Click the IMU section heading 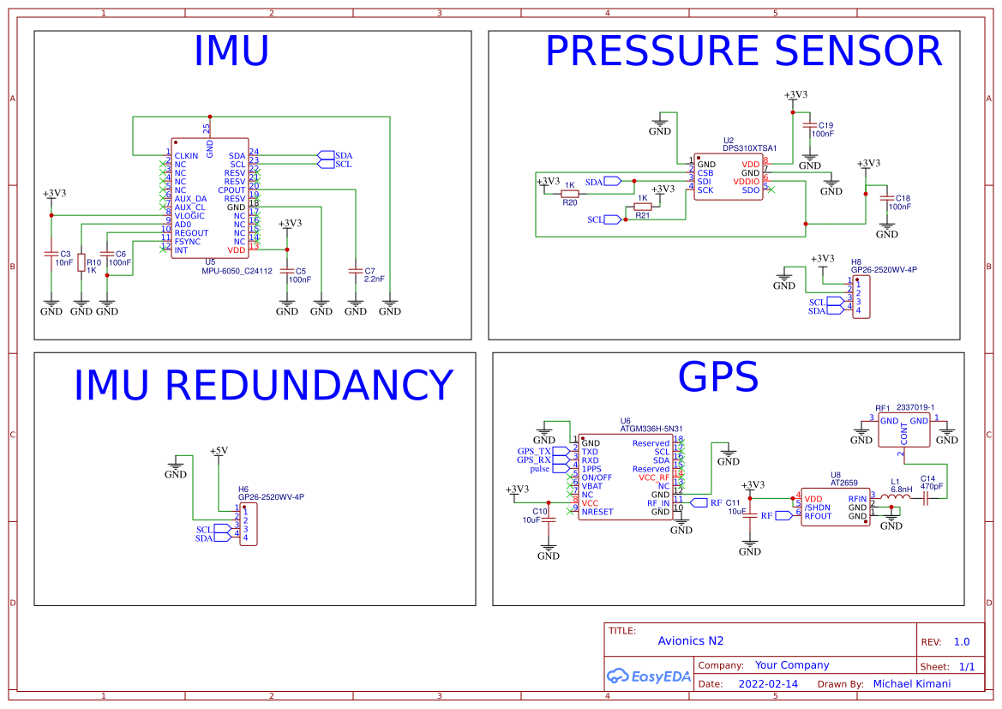[x=231, y=51]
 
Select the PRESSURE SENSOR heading [x=743, y=51]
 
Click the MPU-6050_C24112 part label [x=237, y=271]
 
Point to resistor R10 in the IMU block [x=81, y=263]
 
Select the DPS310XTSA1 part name [x=749, y=148]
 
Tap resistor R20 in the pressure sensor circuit [x=570, y=195]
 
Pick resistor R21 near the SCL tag [x=643, y=207]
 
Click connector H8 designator [x=856, y=261]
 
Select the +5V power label [x=219, y=450]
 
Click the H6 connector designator [x=243, y=489]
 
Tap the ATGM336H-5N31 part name [x=651, y=430]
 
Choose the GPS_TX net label [x=534, y=451]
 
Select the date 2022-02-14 [x=768, y=684]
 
